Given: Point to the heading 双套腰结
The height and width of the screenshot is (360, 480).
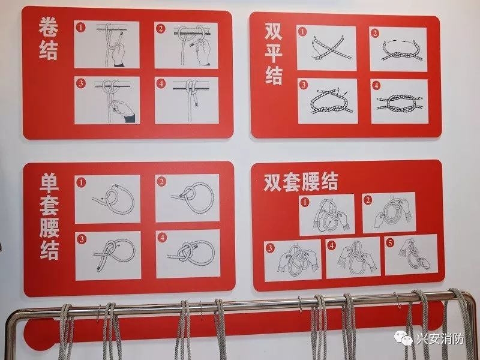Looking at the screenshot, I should [301, 181].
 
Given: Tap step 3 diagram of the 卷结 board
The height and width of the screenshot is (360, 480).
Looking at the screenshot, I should [107, 100].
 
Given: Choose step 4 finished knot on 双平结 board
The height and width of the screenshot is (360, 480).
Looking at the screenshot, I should [399, 101].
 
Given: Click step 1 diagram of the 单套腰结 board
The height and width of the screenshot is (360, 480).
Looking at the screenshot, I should [107, 199].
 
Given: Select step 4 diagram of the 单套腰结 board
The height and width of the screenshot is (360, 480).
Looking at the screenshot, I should [187, 254].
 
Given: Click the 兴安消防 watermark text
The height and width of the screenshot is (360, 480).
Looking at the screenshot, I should [440, 339].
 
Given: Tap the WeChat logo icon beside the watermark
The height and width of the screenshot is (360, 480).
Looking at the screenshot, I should [404, 339].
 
